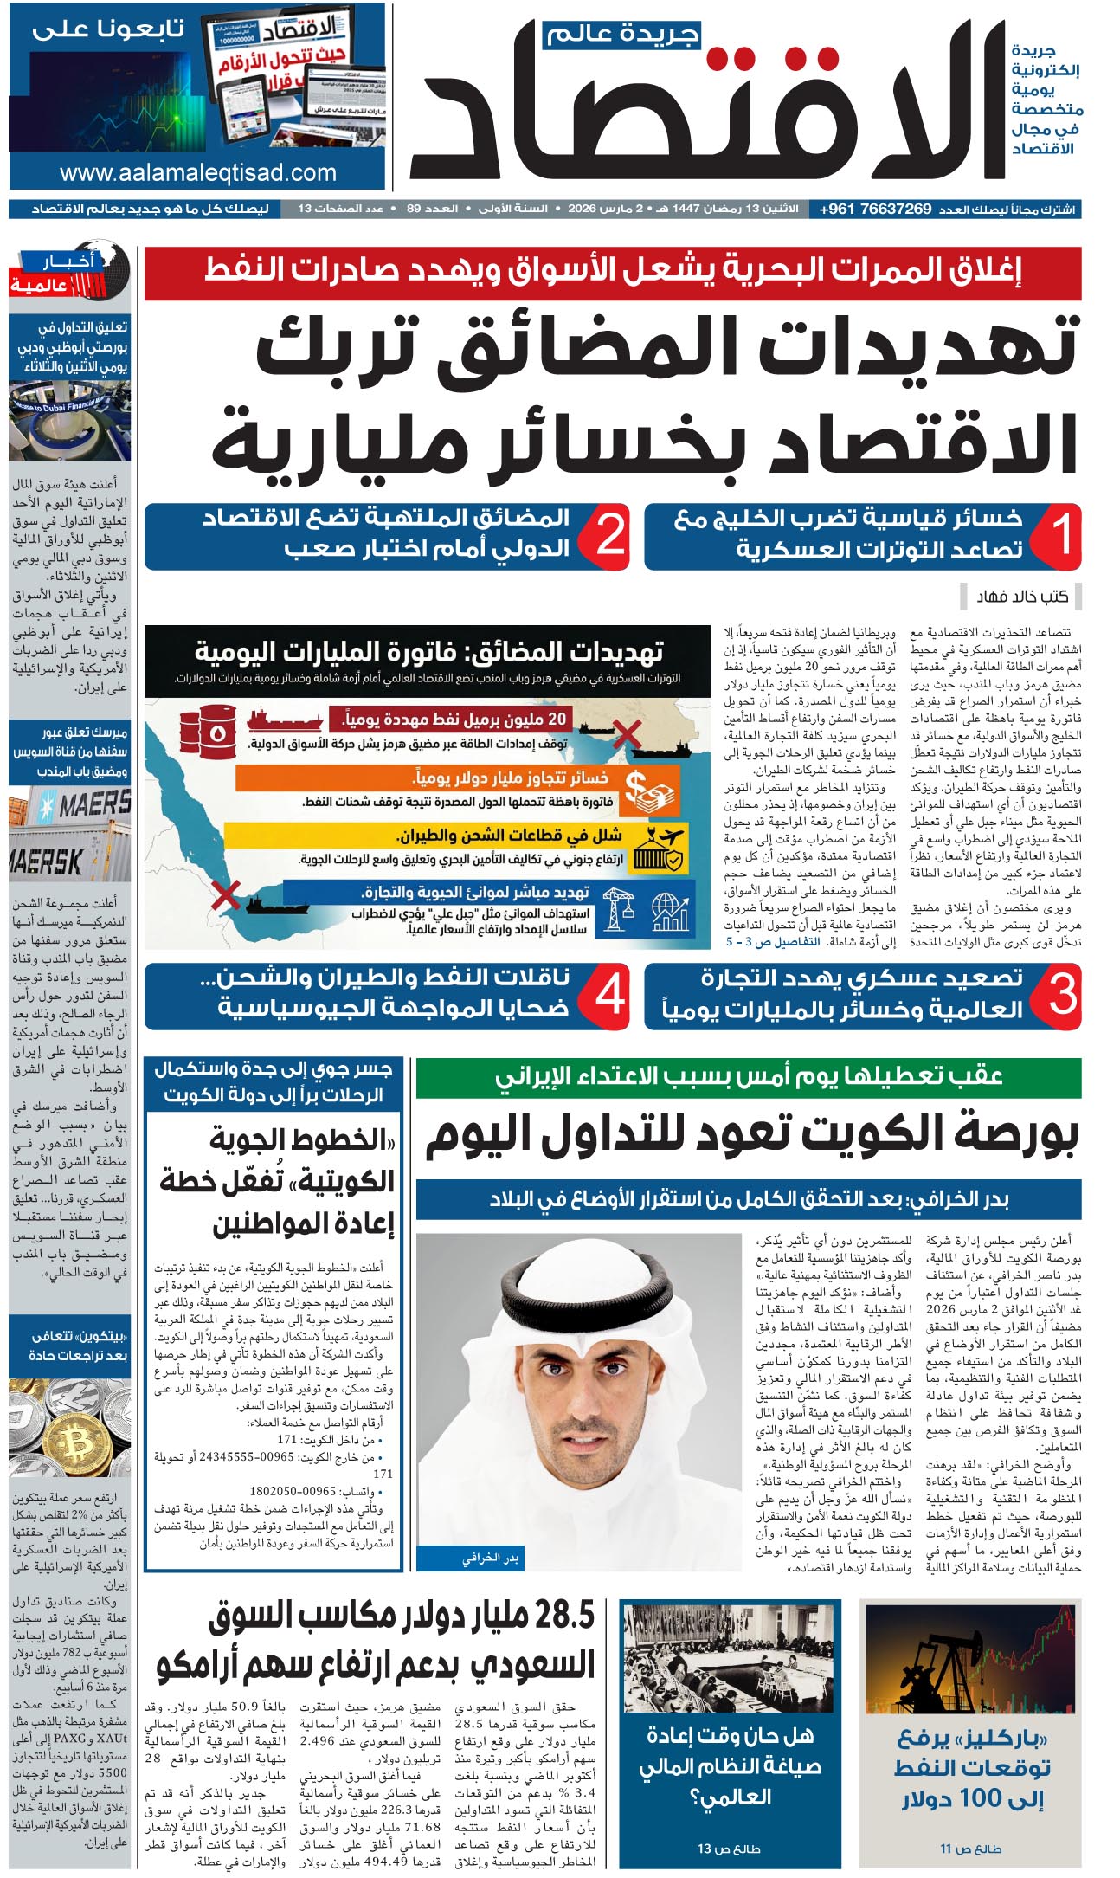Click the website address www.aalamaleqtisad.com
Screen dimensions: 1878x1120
click(197, 173)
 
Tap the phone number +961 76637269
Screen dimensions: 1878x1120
click(876, 210)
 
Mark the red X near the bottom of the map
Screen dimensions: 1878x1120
click(226, 894)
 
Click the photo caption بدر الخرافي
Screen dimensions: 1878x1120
click(490, 1559)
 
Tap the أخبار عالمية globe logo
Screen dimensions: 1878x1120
click(69, 273)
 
